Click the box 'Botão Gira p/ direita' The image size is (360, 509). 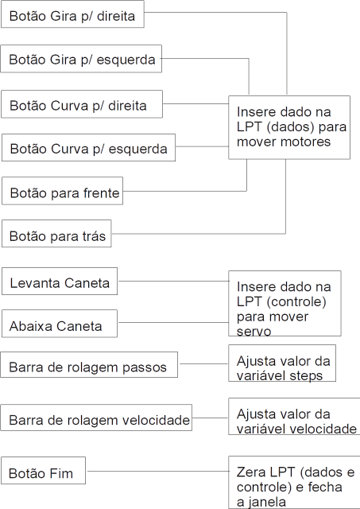pyautogui.click(x=72, y=14)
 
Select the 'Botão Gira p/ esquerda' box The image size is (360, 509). pyautogui.click(x=81, y=59)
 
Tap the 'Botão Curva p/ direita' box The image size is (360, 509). pyautogui.click(x=82, y=104)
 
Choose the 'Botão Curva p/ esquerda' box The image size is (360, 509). pyautogui.click(x=88, y=147)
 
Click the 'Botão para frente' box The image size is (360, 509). pyautogui.click(x=62, y=191)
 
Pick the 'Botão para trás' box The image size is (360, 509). pyautogui.click(x=56, y=233)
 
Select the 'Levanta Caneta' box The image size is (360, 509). pyautogui.click(x=60, y=281)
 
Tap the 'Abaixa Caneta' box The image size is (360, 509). pyautogui.click(x=60, y=324)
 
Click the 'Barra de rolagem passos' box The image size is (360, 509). pyautogui.click(x=89, y=364)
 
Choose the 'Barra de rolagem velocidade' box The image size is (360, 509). pyautogui.click(x=96, y=418)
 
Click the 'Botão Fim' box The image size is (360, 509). pyautogui.click(x=43, y=470)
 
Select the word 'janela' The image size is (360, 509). pyautogui.click(x=266, y=502)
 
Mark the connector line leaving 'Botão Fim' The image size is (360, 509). pyautogui.click(x=158, y=471)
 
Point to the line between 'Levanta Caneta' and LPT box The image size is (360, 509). pyautogui.click(x=173, y=281)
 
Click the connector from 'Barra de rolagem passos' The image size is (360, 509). pyautogui.click(x=204, y=364)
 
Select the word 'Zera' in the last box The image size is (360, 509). pyautogui.click(x=250, y=472)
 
